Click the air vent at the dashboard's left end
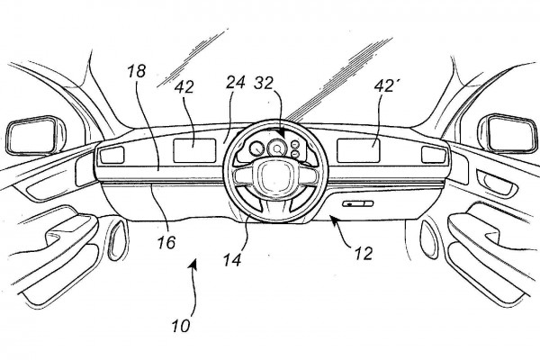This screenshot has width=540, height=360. pyautogui.click(x=112, y=156)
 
